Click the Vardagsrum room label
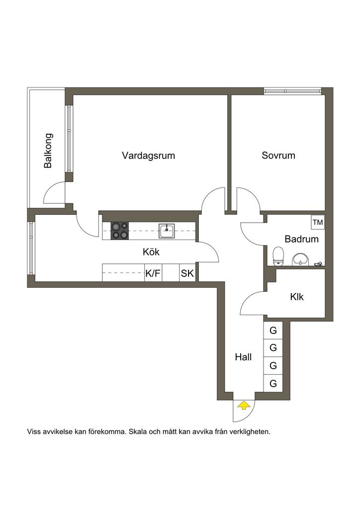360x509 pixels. tap(148, 156)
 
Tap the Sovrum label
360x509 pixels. tap(278, 155)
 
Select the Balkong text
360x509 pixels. tap(48, 151)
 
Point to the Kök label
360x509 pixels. tap(151, 252)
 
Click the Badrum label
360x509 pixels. tap(301, 239)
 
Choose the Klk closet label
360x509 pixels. tap(297, 297)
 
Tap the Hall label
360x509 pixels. tap(243, 357)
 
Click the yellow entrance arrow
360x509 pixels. tap(244, 406)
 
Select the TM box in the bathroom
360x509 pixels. tap(318, 222)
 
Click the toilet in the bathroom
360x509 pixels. tap(278, 256)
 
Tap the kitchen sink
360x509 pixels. tap(167, 231)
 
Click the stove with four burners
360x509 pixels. tap(120, 231)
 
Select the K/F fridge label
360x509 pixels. tap(153, 273)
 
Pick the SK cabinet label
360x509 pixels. tap(187, 273)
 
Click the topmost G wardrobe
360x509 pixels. tap(273, 331)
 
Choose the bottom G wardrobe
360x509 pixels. tap(273, 383)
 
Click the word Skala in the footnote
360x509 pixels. tap(138, 432)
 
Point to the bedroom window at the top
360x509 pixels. tap(292, 91)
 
